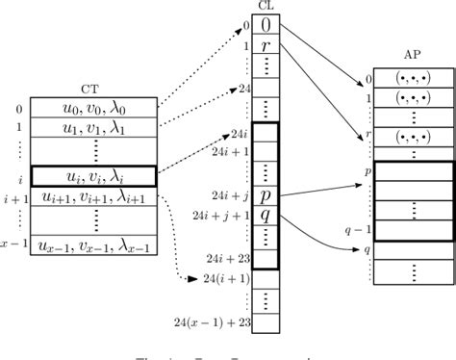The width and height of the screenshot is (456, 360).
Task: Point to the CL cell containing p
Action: tap(266, 193)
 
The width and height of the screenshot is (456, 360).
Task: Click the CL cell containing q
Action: tap(266, 214)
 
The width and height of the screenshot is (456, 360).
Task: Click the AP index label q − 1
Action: tap(355, 230)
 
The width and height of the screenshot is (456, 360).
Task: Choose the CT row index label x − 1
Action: tap(13, 246)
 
